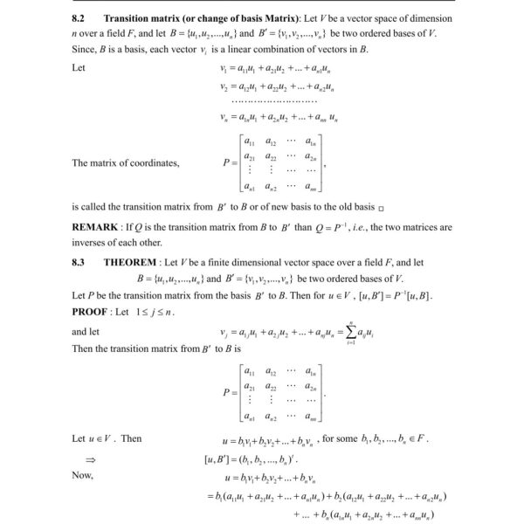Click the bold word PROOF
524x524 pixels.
(93, 309)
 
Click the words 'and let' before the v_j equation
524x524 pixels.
(86, 332)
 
